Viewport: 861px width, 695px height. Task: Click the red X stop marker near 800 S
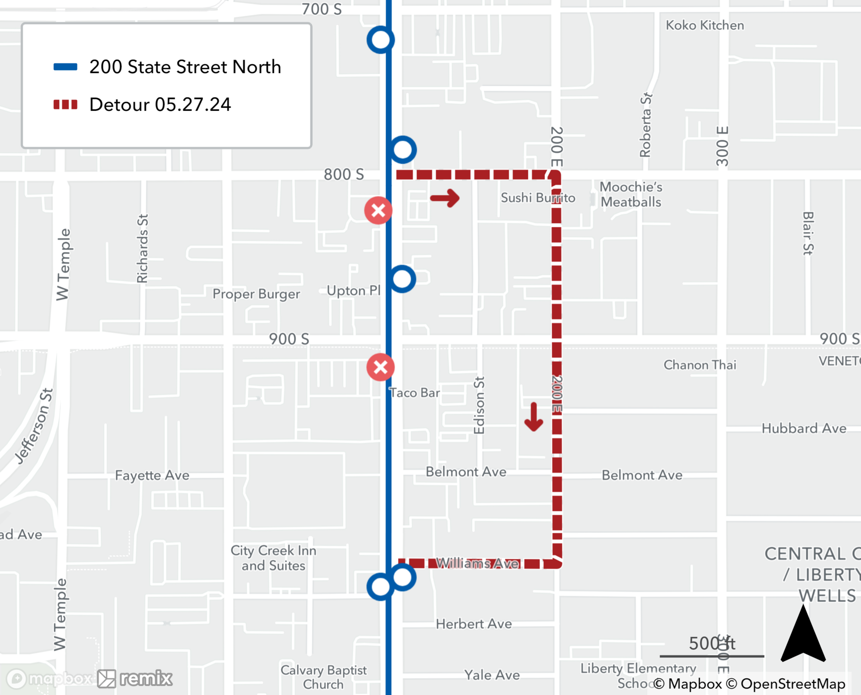tap(378, 210)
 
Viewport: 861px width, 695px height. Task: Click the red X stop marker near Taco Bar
tap(380, 367)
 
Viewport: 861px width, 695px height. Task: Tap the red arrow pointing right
tap(445, 198)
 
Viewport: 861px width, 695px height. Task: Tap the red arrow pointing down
tap(534, 417)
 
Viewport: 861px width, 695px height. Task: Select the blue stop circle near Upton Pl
tap(402, 279)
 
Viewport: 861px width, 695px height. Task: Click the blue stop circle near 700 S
tap(381, 40)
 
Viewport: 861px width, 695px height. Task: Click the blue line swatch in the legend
tap(65, 67)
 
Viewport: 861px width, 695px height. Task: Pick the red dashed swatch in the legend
tap(65, 105)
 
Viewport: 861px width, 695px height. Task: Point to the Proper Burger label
tap(256, 294)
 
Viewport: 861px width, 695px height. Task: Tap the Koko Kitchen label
tap(705, 25)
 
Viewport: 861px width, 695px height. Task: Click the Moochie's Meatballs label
tap(631, 194)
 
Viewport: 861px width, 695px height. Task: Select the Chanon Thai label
tap(700, 365)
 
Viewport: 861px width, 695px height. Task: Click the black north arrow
tap(803, 636)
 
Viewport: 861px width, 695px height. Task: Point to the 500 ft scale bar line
tap(712, 656)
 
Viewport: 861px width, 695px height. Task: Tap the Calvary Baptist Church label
tap(323, 677)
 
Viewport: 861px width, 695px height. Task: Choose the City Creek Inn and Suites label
tap(273, 558)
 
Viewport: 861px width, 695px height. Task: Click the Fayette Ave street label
tap(152, 475)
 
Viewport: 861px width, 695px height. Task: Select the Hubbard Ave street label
tap(804, 428)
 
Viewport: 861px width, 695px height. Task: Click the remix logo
tap(135, 679)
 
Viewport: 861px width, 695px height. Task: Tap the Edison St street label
tap(479, 405)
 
